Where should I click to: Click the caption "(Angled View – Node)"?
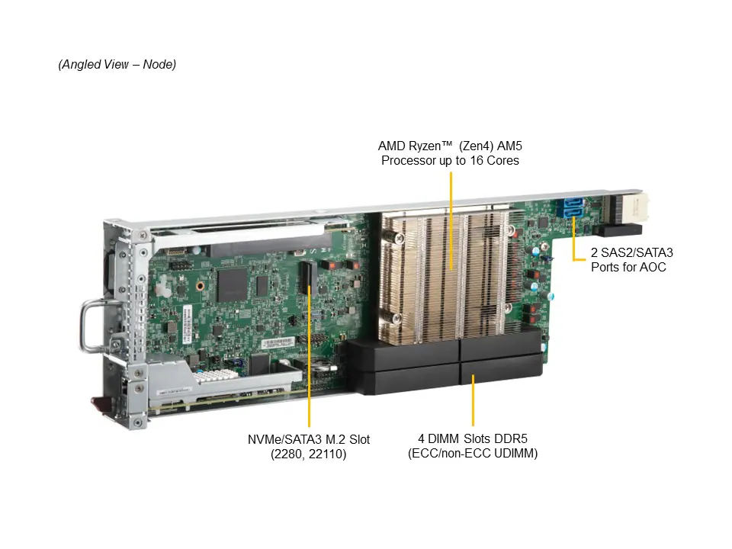(x=117, y=64)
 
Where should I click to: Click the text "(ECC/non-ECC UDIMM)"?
(x=473, y=453)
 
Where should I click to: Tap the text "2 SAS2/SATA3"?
(x=632, y=252)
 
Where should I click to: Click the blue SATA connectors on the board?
(x=573, y=207)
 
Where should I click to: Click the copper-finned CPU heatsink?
(x=447, y=275)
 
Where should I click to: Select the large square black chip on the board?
(x=232, y=284)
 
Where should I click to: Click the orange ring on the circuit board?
(x=200, y=286)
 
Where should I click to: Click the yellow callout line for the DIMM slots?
(x=473, y=400)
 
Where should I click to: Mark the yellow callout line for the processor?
(x=451, y=221)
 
